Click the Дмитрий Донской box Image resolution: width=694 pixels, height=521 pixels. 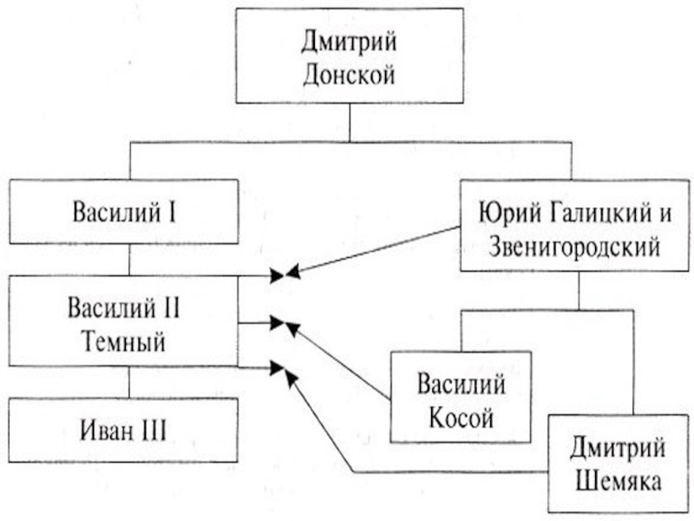[x=350, y=57]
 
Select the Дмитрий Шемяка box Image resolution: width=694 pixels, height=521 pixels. [x=617, y=465]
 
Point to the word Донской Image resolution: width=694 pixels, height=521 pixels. [x=350, y=74]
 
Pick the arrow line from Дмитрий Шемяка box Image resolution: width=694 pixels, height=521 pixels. [x=451, y=472]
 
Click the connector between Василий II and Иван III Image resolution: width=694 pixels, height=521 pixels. [x=129, y=382]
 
